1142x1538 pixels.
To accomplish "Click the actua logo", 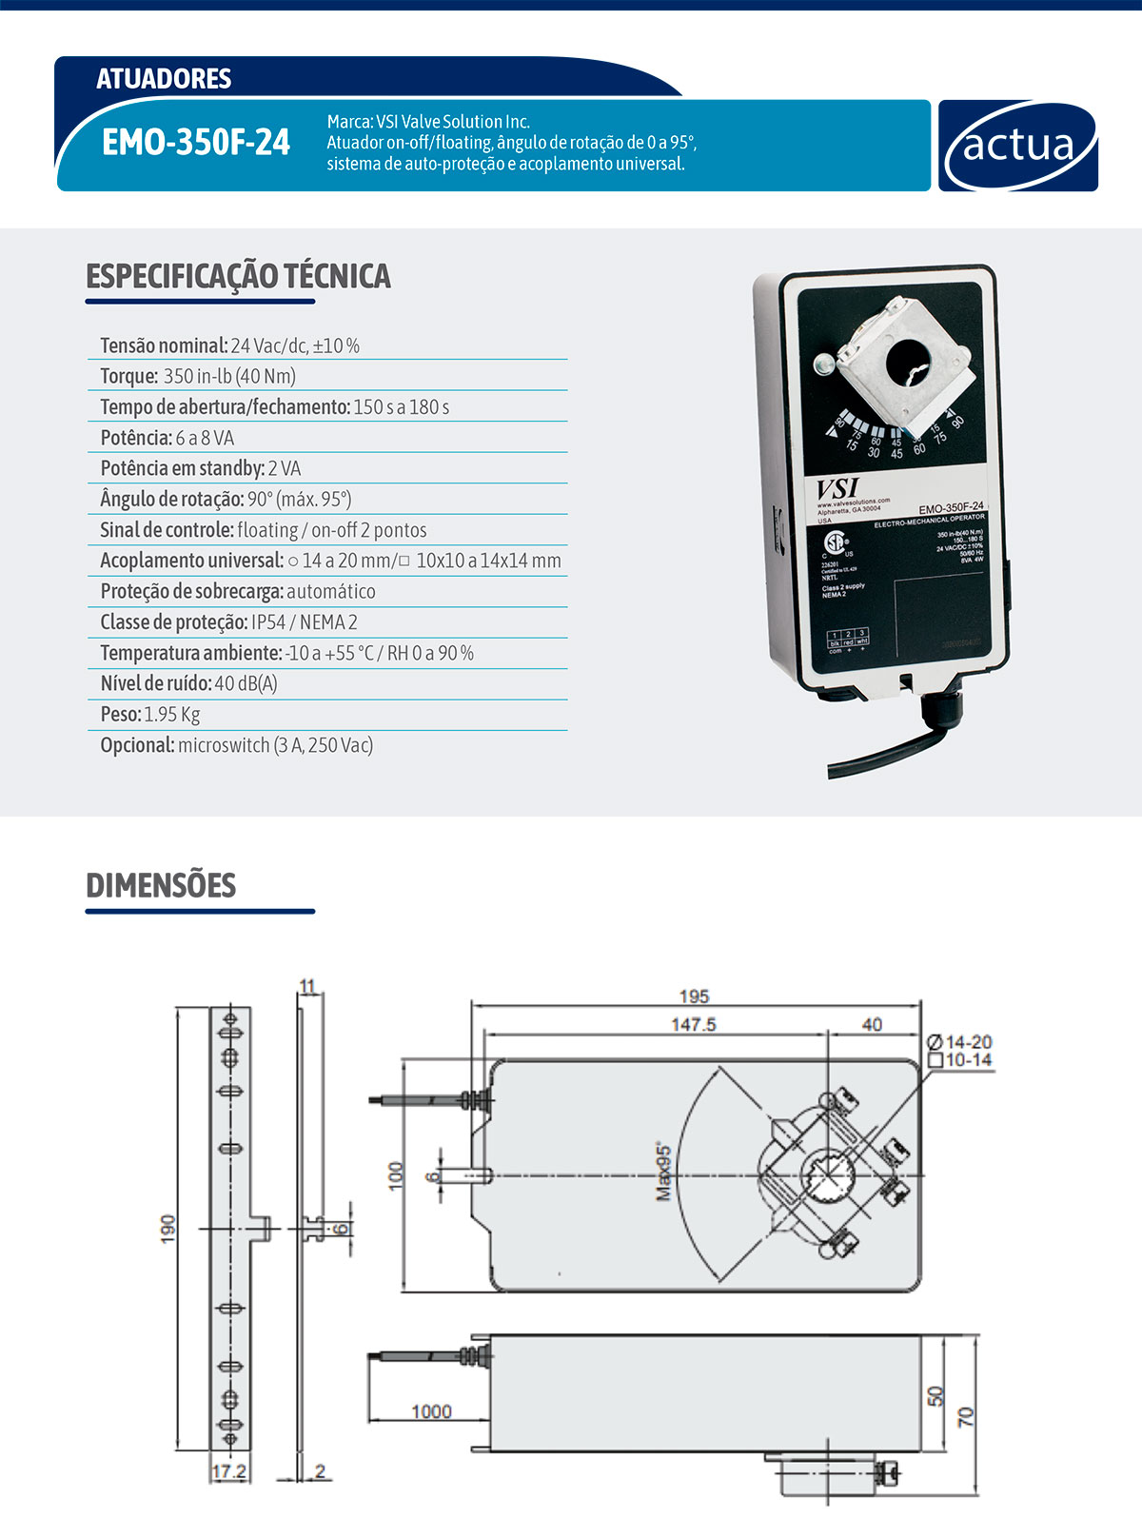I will (1018, 147).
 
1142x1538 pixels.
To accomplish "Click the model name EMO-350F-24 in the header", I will (196, 143).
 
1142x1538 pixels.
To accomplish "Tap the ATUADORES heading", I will (164, 78).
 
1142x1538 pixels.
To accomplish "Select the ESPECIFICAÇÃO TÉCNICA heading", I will (238, 276).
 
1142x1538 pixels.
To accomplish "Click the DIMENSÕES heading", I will (161, 885).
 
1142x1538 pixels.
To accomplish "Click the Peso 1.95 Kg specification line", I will (150, 714).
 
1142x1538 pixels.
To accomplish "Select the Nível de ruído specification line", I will (188, 683).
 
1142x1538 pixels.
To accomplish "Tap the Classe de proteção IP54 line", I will (228, 622).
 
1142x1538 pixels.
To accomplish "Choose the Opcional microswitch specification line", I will (236, 745).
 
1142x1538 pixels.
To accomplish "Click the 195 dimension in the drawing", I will (694, 996).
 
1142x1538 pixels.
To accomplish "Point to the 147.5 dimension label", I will (693, 1025).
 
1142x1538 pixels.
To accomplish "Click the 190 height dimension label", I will (168, 1228).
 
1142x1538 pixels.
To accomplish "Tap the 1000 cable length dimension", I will (431, 1411).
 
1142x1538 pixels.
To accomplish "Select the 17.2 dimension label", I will (228, 1471).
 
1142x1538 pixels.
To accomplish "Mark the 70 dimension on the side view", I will (966, 1416).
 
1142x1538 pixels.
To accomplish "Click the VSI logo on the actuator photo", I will (837, 488).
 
